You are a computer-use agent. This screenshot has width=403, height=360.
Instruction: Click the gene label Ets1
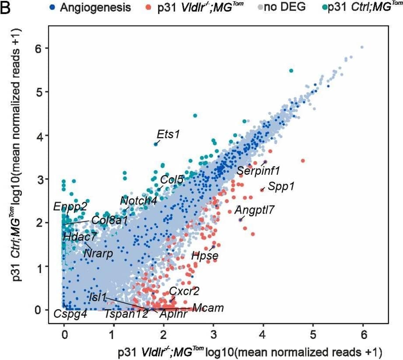point(169,134)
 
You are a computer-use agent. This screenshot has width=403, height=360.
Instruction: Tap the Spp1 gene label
point(281,187)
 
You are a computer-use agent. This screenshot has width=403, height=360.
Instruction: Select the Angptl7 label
point(255,210)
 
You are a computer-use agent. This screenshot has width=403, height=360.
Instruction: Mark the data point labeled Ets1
point(155,144)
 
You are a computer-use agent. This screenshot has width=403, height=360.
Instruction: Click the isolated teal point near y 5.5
point(291,71)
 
